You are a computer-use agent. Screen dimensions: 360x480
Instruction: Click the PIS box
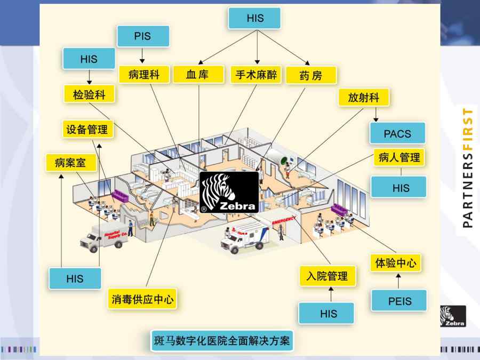(142, 37)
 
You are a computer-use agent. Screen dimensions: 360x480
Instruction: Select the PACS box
(397, 133)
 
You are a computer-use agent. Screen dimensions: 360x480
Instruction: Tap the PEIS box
(399, 301)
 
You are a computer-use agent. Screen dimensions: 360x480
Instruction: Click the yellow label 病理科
(143, 74)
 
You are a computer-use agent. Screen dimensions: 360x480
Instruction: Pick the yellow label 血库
(197, 74)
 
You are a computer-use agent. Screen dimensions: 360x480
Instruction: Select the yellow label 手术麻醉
(255, 75)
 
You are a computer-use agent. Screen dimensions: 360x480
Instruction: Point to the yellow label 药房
(311, 75)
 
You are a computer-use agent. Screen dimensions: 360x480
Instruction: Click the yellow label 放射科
(363, 98)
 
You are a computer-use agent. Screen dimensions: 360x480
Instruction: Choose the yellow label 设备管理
(87, 129)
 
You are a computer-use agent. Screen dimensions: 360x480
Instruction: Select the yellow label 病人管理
(399, 157)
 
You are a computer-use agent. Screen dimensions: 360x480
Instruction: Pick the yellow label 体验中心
(396, 262)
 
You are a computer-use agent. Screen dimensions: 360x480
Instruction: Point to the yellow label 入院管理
(327, 276)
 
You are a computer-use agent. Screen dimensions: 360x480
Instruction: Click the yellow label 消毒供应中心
(142, 299)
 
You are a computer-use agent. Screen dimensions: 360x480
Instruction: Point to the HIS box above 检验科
(89, 59)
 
